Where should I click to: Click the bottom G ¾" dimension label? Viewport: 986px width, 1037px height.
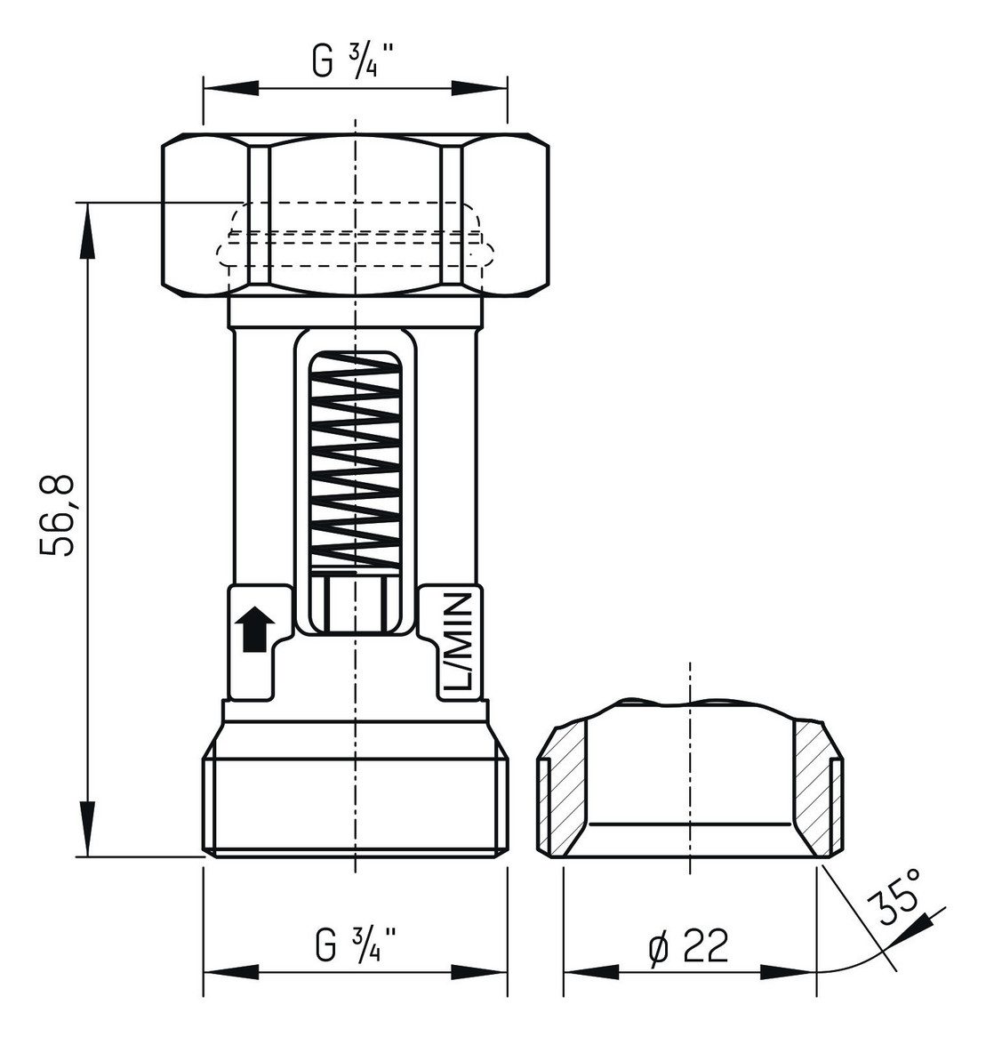point(355,944)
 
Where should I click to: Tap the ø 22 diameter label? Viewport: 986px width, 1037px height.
point(688,945)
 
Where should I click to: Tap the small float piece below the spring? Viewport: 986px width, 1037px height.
point(355,604)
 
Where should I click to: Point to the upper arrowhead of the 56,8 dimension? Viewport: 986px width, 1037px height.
point(87,231)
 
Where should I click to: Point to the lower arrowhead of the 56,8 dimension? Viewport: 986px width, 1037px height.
point(87,827)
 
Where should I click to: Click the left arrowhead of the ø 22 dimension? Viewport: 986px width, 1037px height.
point(590,971)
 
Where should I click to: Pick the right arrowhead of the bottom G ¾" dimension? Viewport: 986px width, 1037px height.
point(480,971)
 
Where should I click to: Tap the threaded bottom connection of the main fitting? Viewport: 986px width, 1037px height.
point(355,805)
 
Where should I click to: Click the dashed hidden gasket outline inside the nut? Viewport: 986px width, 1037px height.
point(355,236)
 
